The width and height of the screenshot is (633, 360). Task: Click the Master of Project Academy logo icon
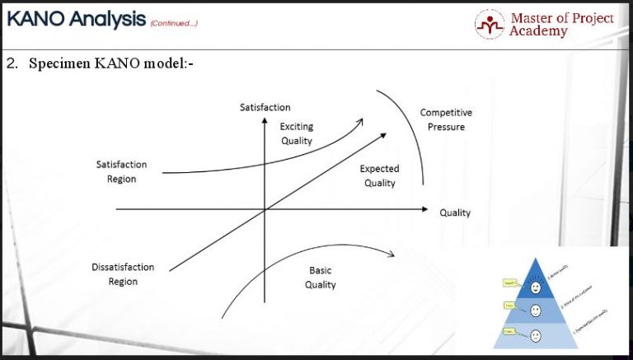(x=489, y=25)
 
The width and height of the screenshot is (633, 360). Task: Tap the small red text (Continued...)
(x=173, y=22)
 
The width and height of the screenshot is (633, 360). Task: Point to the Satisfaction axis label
(x=265, y=108)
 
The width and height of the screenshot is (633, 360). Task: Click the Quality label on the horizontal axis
(x=455, y=213)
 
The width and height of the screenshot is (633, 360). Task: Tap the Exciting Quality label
(x=297, y=133)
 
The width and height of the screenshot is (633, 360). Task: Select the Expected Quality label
(x=380, y=175)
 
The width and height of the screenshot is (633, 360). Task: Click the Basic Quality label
(x=321, y=278)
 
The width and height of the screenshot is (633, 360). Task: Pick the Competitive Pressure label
(x=446, y=119)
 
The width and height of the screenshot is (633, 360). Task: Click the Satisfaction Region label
(x=121, y=171)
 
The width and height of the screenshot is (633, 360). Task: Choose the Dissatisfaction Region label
(x=123, y=274)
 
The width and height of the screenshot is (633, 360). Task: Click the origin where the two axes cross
(x=265, y=210)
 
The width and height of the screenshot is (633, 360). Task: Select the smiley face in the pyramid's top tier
(x=536, y=288)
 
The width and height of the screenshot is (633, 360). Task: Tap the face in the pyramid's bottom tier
(x=536, y=335)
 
